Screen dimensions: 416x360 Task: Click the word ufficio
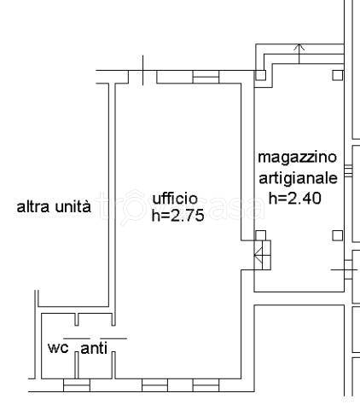[175, 199]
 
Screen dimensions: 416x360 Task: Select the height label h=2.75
[177, 216]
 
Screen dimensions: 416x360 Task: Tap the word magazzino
[298, 159]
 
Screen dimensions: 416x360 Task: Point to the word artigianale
[299, 178]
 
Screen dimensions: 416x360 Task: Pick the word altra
[34, 207]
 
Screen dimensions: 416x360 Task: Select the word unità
[73, 207]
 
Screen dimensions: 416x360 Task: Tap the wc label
[57, 348]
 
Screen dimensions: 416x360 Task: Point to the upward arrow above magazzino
[299, 48]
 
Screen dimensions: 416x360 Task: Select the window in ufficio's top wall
[206, 77]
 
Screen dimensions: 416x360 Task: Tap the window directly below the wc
[77, 386]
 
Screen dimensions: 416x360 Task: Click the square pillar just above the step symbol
[261, 235]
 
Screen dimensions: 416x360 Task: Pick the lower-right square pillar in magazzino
[338, 235]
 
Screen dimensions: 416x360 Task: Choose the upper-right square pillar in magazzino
[338, 75]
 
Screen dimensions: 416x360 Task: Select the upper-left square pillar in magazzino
[261, 75]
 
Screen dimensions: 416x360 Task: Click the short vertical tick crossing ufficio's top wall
[142, 68]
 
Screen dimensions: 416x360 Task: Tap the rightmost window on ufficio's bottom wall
[206, 386]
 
